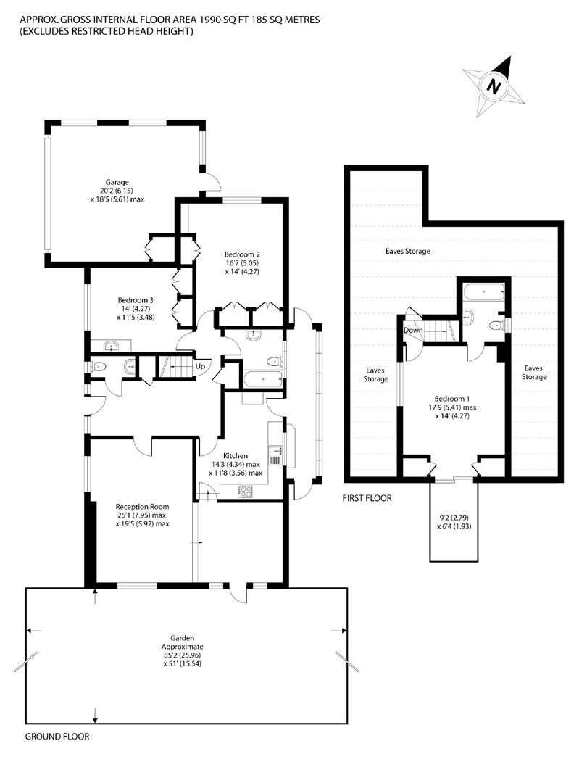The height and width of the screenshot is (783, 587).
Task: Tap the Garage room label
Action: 117,182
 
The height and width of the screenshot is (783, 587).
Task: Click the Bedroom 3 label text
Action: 136,300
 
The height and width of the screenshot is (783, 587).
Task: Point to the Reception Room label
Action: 142,506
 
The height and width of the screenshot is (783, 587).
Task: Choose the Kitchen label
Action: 235,456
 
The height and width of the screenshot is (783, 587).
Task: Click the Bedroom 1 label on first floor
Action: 452,399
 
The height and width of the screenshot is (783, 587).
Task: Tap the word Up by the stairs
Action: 200,366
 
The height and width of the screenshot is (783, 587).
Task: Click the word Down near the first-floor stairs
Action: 413,330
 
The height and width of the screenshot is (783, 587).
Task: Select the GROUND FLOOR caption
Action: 57,736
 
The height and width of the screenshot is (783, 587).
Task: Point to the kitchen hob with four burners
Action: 245,491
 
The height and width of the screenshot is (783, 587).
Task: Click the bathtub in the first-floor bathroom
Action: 483,291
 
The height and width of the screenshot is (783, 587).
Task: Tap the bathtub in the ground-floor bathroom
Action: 263,379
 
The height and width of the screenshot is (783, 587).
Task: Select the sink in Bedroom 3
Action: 111,346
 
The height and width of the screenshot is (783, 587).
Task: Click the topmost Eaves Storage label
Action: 408,251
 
